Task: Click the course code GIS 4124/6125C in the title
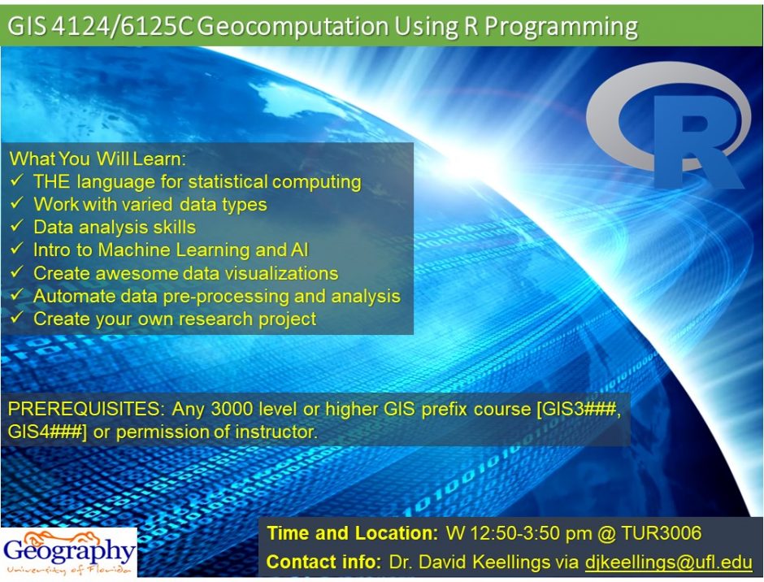tap(100, 26)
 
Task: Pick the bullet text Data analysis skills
tap(115, 228)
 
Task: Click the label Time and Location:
tap(353, 534)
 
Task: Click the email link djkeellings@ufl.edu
tap(668, 562)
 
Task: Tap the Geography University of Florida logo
tap(69, 553)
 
